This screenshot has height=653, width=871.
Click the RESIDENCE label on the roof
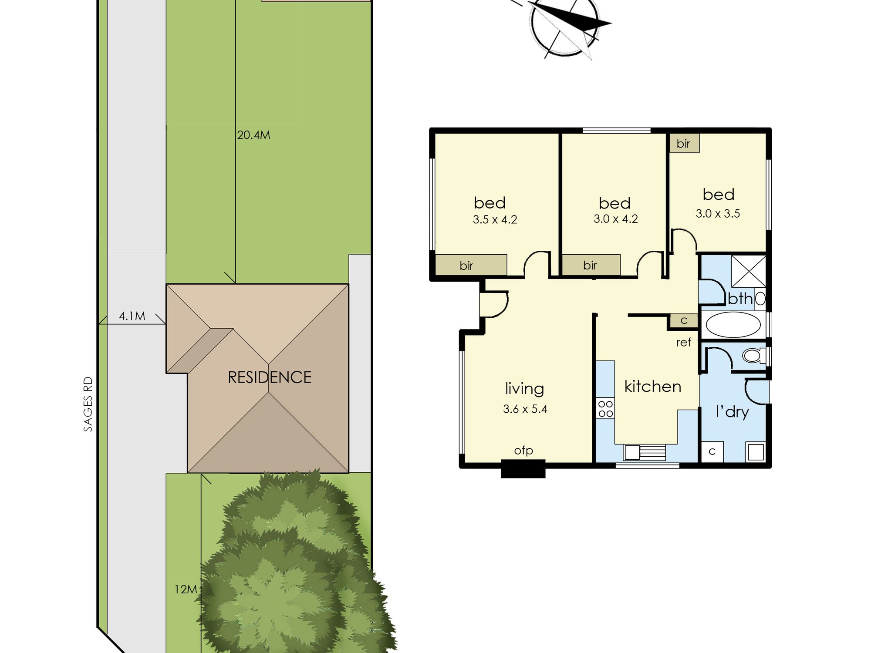[x=270, y=377]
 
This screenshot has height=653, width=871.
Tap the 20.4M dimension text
[x=253, y=135]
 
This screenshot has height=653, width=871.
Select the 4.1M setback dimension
[x=132, y=316]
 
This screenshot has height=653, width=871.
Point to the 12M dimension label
[x=186, y=589]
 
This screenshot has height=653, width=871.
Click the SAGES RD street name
[x=88, y=404]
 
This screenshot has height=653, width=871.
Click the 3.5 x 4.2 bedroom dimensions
[x=495, y=219]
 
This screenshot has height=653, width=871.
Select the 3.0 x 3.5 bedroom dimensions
[x=718, y=213]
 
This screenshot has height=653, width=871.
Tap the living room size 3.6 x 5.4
[x=525, y=409]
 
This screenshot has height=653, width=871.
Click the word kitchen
[x=652, y=387]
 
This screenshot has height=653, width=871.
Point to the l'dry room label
[x=732, y=411]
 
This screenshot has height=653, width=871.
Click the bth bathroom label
[x=740, y=299]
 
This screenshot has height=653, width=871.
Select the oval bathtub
[x=733, y=325]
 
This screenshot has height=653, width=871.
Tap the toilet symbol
[x=754, y=356]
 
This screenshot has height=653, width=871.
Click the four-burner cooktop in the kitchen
[x=605, y=409]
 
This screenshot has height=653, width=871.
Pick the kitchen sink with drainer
[x=645, y=452]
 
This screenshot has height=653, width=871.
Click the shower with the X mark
[x=748, y=272]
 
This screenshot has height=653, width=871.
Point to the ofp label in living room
[x=523, y=451]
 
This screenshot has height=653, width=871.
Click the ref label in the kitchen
[x=683, y=343]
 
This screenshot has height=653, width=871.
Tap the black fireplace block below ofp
[x=523, y=469]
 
